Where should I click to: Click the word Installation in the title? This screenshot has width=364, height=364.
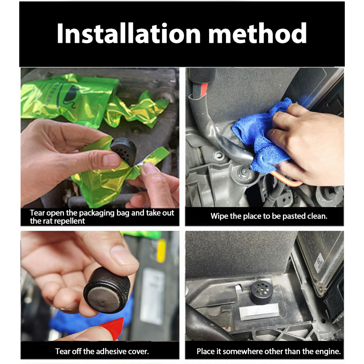tap(129, 33)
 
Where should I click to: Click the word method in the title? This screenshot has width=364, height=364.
tap(258, 33)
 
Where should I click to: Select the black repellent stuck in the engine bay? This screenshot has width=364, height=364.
tap(262, 292)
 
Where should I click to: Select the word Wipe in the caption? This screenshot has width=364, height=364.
tap(217, 216)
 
